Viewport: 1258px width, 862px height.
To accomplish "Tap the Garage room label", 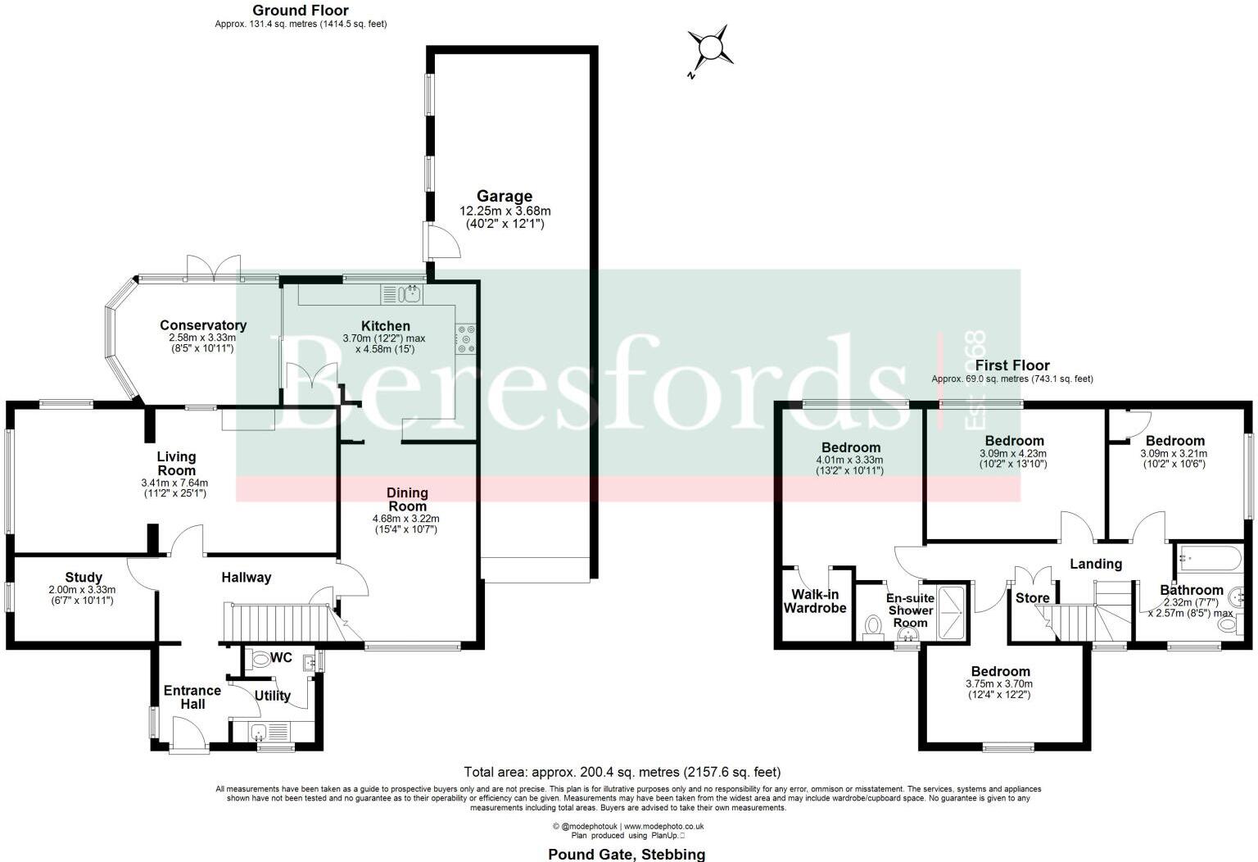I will [505, 197].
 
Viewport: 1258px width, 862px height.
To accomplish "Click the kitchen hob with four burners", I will [468, 339].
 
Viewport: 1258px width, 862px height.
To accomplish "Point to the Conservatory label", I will [202, 325].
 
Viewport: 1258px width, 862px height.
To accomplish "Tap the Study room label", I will [84, 578].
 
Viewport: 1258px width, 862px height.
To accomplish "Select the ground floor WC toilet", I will [260, 660].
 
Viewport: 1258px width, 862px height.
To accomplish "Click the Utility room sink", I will [259, 732].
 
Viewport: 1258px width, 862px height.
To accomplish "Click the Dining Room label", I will [407, 499].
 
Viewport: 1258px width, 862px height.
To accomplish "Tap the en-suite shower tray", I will [952, 612].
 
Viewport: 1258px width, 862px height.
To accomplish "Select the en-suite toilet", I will [873, 627].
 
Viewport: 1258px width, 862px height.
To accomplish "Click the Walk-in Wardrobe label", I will [815, 601].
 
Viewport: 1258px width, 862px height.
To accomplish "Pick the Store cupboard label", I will [1032, 598].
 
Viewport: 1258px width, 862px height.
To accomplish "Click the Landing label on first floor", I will [1095, 564].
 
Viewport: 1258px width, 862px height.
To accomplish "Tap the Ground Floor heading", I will [300, 11].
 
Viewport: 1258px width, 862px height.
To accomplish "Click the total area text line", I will [622, 772].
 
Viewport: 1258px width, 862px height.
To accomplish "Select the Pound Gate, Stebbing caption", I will [627, 855].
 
